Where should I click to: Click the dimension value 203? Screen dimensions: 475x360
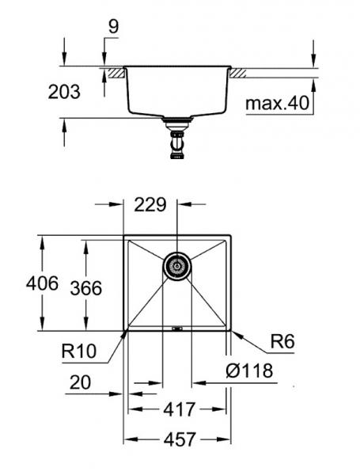(x=64, y=93)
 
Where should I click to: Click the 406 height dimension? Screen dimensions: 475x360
(x=19, y=283)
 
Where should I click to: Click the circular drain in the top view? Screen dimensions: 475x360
(x=176, y=268)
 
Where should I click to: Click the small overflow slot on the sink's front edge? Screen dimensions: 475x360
(x=176, y=328)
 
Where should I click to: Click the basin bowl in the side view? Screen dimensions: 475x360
(x=176, y=91)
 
